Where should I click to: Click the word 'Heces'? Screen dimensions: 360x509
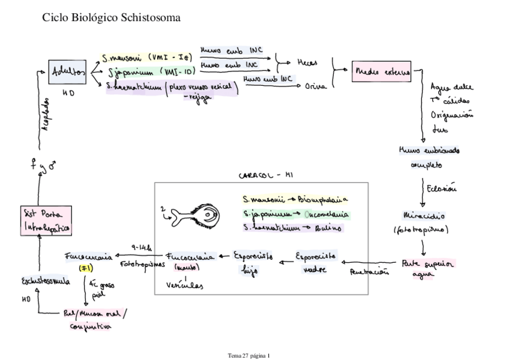pyautogui.click(x=309, y=62)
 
